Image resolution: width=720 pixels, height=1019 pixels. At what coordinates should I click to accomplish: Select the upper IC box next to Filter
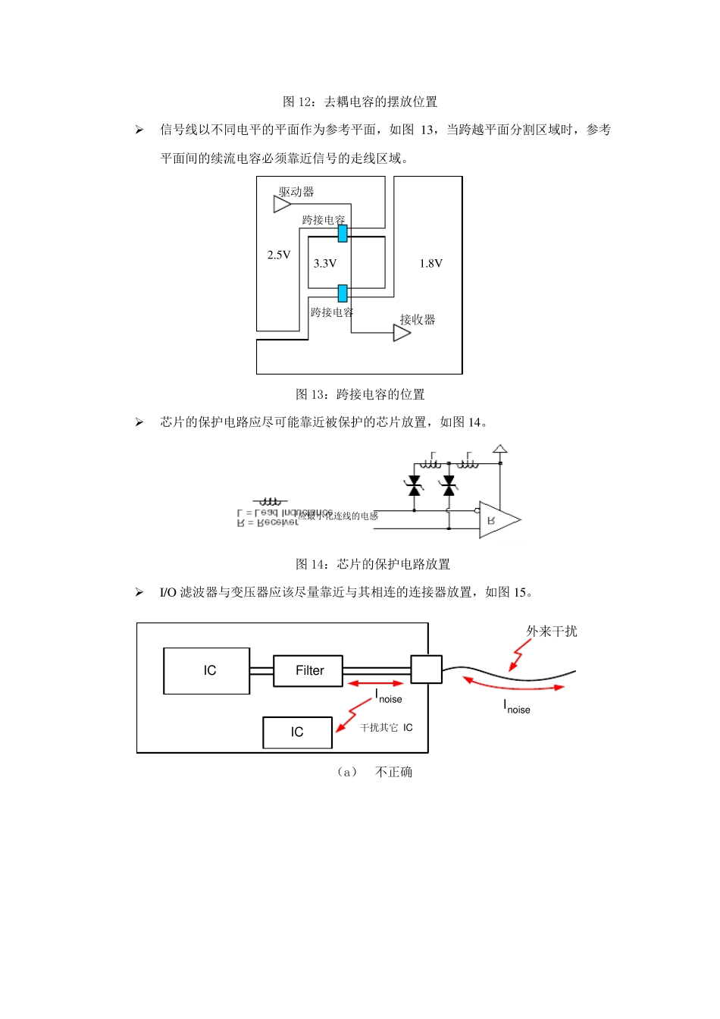pyautogui.click(x=207, y=671)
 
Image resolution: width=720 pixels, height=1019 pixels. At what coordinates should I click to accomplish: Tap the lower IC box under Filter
pyautogui.click(x=297, y=732)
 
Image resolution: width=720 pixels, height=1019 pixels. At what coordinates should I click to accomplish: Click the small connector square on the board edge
pyautogui.click(x=426, y=669)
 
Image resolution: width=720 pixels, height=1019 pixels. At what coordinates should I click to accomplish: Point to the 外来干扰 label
pyautogui.click(x=552, y=632)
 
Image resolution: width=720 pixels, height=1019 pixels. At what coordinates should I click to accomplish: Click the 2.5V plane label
pyautogui.click(x=279, y=256)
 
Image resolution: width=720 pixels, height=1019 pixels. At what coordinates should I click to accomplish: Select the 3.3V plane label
pyautogui.click(x=325, y=264)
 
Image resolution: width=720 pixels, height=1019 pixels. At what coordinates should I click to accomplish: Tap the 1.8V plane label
pyautogui.click(x=430, y=264)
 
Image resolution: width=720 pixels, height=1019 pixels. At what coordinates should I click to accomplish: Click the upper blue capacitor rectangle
pyautogui.click(x=343, y=233)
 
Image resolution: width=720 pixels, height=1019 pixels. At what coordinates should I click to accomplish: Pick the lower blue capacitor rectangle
pyautogui.click(x=343, y=293)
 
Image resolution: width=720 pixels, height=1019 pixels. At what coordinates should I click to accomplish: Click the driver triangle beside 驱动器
pyautogui.click(x=282, y=204)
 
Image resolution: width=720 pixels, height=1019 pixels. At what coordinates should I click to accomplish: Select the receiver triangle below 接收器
pyautogui.click(x=402, y=333)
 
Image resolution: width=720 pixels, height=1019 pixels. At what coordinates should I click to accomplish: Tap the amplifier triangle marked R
pyautogui.click(x=497, y=520)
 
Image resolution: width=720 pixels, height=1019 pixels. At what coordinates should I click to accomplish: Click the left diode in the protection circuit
pyautogui.click(x=414, y=486)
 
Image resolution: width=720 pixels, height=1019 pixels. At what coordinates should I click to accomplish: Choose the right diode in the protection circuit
pyautogui.click(x=449, y=486)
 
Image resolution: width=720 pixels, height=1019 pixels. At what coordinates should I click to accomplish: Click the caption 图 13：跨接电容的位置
pyautogui.click(x=360, y=394)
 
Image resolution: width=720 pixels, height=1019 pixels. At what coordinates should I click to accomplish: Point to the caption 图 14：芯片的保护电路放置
pyautogui.click(x=373, y=564)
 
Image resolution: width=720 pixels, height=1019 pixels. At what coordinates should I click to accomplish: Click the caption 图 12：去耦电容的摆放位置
pyautogui.click(x=360, y=102)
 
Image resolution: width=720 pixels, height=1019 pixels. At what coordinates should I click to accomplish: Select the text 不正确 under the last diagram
pyautogui.click(x=393, y=772)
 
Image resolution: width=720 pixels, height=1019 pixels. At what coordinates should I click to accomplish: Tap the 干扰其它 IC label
pyautogui.click(x=387, y=728)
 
